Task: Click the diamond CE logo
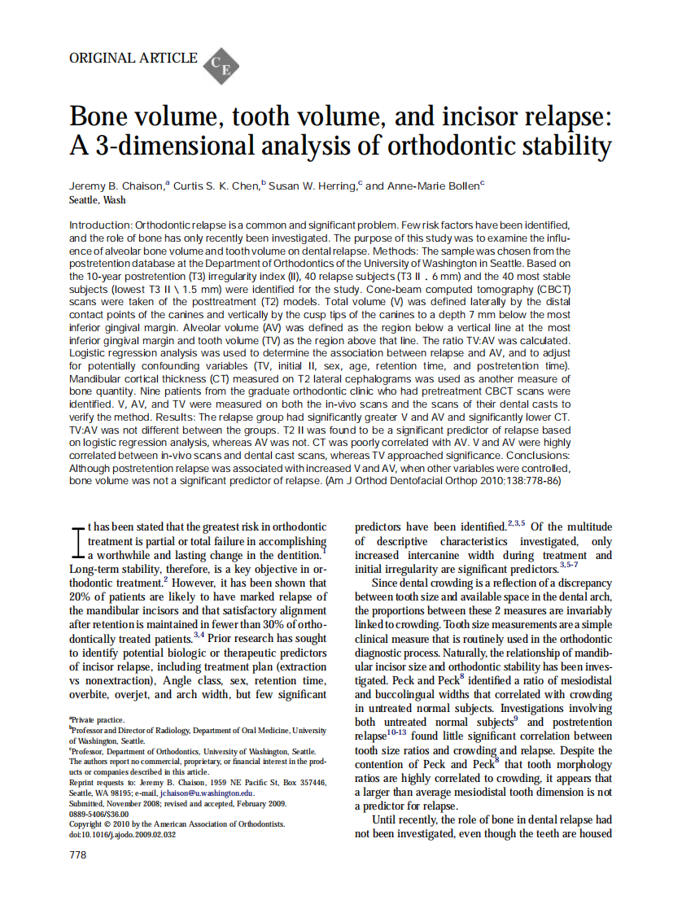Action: point(220,65)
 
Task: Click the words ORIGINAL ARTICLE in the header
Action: point(133,58)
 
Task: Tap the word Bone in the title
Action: point(103,116)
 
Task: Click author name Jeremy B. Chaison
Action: point(116,186)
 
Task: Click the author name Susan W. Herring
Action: point(313,186)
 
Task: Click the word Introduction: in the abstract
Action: point(101,224)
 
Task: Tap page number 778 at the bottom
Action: point(78,855)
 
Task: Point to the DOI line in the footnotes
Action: point(122,834)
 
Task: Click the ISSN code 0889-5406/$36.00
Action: point(99,814)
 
